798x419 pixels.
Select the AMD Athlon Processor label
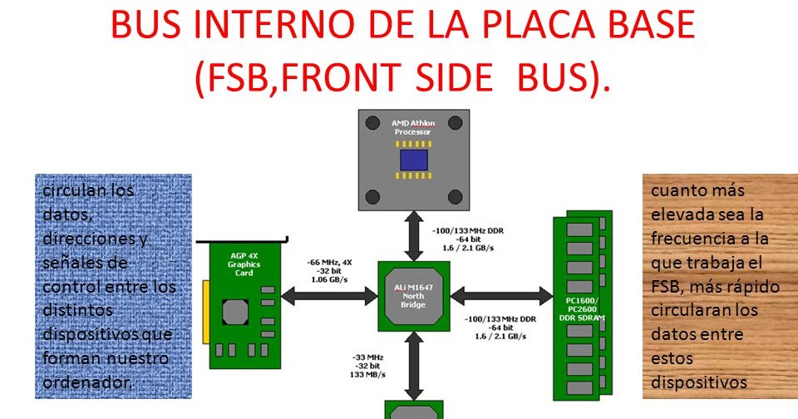tap(412, 127)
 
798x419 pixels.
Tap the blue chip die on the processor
tap(412, 160)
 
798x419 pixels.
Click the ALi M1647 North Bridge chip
tap(413, 294)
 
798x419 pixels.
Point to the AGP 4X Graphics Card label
tap(244, 264)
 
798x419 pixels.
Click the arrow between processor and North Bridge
tap(413, 235)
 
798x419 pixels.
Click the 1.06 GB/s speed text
tap(329, 279)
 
